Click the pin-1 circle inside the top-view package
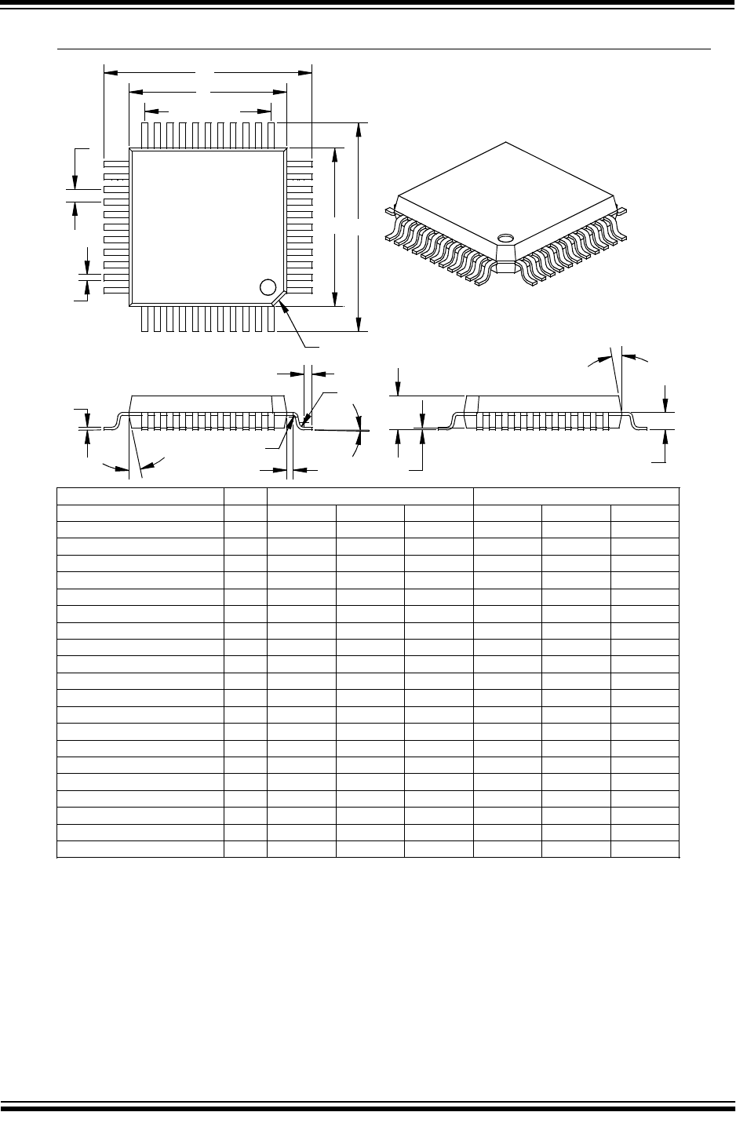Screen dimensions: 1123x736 coord(268,287)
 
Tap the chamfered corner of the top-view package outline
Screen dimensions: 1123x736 coord(279,299)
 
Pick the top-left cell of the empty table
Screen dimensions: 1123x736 coord(140,497)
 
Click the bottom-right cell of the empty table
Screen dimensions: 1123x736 coord(644,850)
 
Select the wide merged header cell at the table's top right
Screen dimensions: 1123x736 coord(576,497)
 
